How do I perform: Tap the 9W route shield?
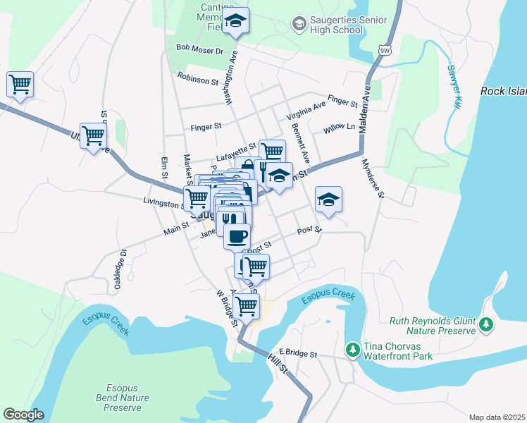point(384,49)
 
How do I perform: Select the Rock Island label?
point(503,91)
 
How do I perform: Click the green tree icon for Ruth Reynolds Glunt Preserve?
point(486,325)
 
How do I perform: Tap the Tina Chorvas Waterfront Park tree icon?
point(352,349)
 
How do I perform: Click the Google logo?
point(23,415)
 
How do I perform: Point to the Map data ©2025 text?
point(497,417)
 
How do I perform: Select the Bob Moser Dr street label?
point(199,50)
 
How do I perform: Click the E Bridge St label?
point(298,352)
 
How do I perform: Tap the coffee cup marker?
point(237,236)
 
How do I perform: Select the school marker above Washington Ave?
point(235,22)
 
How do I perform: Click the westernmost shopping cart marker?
point(20,85)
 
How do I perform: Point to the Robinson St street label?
point(198,77)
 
